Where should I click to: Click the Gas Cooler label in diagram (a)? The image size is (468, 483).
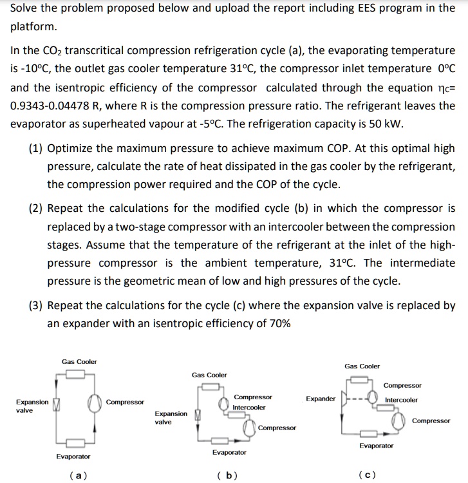79,362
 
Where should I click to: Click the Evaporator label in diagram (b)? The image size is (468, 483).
229,453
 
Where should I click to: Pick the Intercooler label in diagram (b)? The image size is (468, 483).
249,408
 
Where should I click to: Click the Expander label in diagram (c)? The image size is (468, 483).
321,399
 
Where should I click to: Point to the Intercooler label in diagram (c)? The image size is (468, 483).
401,400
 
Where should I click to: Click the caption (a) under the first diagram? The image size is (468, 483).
78,475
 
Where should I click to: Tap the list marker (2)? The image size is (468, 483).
36,209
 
